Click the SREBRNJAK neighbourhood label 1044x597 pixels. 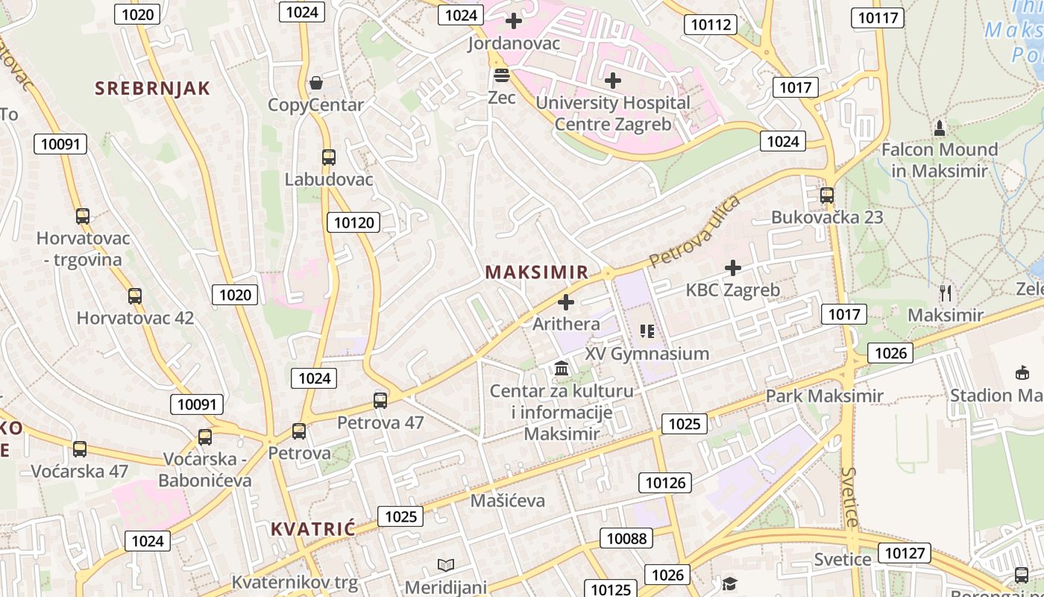point(152,88)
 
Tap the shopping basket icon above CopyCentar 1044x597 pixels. point(316,82)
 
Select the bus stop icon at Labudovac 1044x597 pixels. point(328,157)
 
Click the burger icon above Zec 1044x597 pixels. point(501,75)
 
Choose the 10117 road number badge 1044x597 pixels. point(878,17)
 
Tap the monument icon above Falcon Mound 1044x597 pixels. point(940,128)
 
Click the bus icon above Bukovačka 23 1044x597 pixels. point(826,196)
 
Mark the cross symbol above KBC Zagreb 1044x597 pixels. point(733,267)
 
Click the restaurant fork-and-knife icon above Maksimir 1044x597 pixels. point(946,293)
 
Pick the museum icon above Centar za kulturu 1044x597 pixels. point(562,369)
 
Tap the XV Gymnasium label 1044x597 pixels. point(647,353)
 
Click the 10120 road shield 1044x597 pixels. point(353,222)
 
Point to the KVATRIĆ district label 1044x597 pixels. point(312,529)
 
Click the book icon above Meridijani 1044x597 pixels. point(446,566)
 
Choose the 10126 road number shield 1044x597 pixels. point(665,483)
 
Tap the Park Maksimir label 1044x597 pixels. point(824,396)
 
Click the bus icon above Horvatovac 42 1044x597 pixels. point(135,296)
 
